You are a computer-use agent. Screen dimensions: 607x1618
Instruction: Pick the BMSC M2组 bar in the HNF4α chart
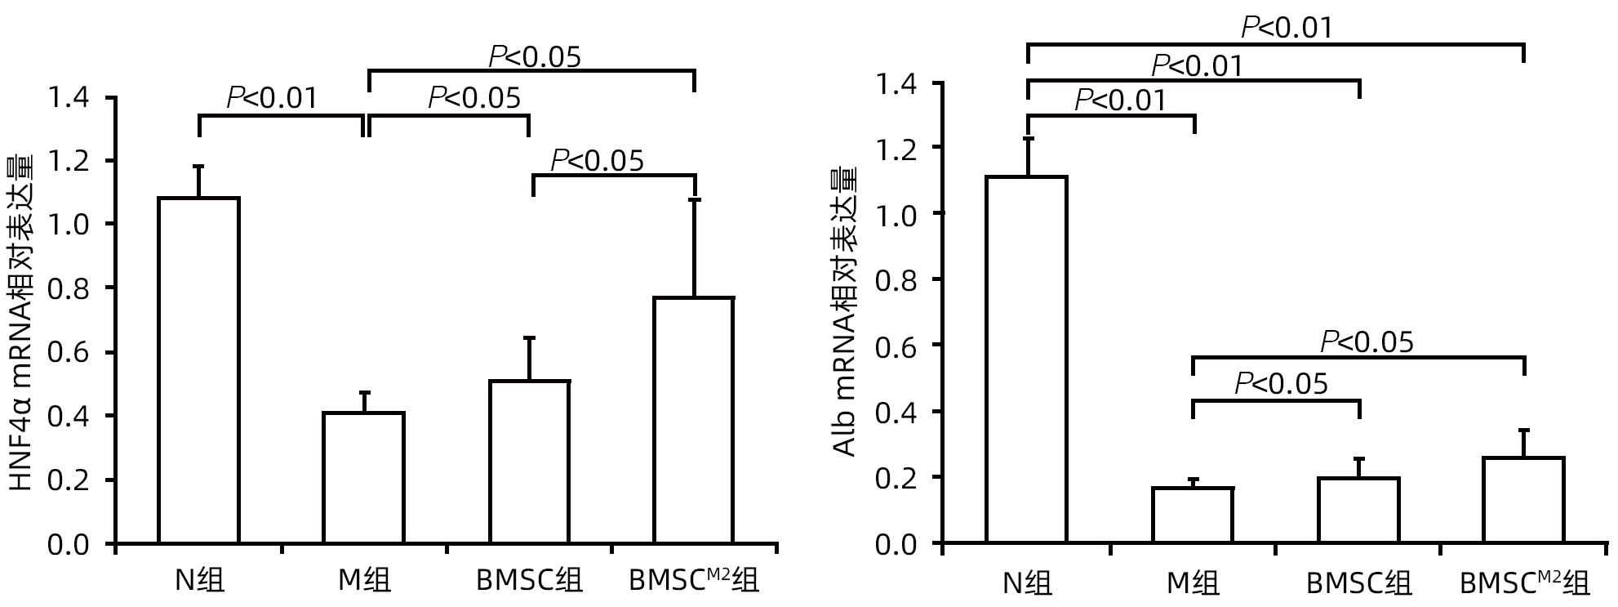(694, 420)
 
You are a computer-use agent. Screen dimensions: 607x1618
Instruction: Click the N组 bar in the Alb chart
(1027, 359)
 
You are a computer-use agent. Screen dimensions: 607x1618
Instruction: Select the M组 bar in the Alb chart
(1193, 515)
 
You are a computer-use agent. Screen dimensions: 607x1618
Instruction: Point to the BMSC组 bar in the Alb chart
(1358, 510)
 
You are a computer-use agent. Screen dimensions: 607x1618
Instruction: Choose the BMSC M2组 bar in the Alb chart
(1523, 500)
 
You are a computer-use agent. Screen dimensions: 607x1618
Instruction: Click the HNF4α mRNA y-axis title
(22, 323)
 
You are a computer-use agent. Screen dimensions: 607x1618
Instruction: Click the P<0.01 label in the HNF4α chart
(271, 98)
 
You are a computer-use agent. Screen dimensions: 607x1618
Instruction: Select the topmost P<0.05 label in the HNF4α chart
(535, 56)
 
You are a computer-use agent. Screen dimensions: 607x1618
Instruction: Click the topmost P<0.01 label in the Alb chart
(1287, 28)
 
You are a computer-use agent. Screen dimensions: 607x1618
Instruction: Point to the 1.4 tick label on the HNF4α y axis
(69, 98)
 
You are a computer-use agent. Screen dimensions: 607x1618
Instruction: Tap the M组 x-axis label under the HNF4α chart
(364, 580)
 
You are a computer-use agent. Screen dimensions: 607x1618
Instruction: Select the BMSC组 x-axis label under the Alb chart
(1358, 582)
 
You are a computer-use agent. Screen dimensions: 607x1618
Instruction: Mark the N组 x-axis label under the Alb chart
(1027, 582)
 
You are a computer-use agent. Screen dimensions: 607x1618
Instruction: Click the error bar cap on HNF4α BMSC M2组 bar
(694, 199)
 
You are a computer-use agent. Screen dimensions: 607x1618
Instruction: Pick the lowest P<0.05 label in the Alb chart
(1281, 382)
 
